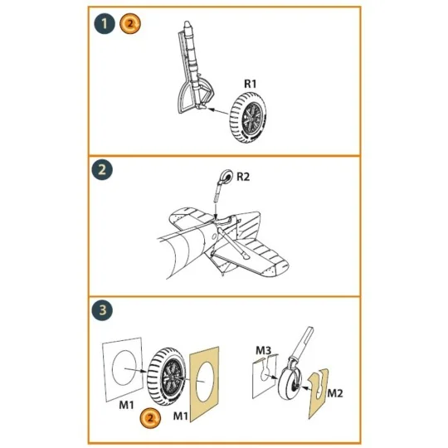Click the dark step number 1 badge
[104, 24]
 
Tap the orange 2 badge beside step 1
[129, 24]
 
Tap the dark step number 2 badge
[104, 174]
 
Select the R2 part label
[243, 176]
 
